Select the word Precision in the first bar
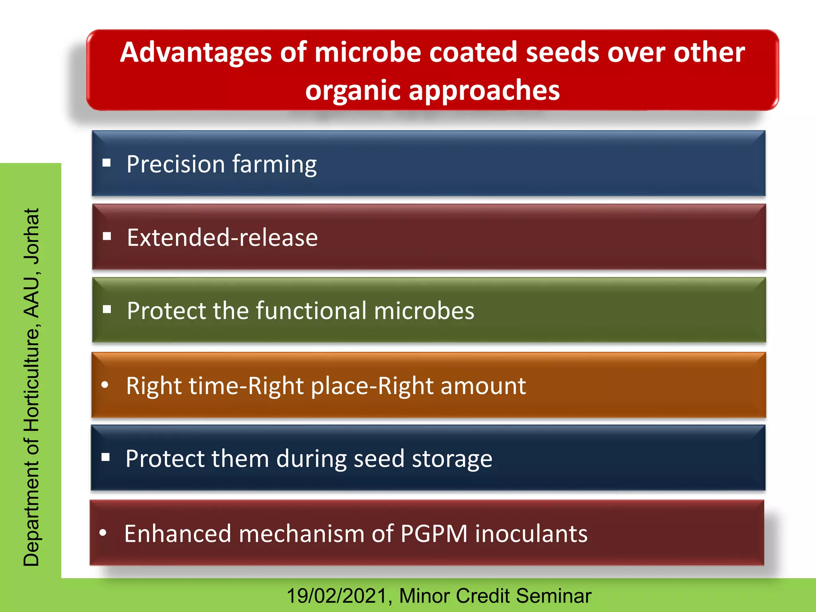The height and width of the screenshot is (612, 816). (176, 164)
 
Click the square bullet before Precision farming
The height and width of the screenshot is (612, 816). (106, 163)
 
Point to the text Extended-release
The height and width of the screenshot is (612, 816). (222, 237)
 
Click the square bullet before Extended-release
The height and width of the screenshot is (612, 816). (107, 237)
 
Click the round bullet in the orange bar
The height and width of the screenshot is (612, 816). (105, 384)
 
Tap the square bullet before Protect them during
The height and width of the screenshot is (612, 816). (106, 457)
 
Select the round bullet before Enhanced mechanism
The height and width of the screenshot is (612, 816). (103, 533)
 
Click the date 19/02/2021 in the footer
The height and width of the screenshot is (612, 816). (337, 596)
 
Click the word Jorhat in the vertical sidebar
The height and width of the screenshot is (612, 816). (32, 236)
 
